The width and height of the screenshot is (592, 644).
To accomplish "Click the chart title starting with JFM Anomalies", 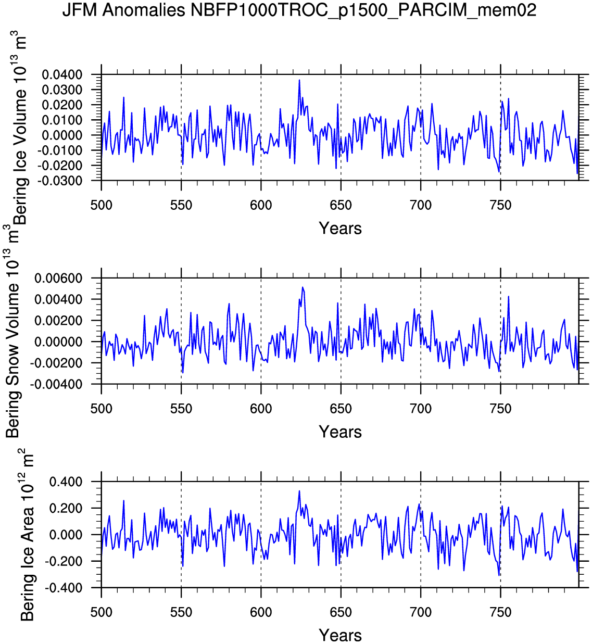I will pos(299,10).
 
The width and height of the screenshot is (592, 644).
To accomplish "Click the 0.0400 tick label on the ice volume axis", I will pos(62,75).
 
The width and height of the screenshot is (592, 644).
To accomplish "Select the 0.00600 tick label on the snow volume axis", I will pos(58,279).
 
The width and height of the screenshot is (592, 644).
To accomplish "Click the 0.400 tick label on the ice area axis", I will pos(66,482).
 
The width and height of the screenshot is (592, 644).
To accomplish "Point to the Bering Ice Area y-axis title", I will pos(27,535).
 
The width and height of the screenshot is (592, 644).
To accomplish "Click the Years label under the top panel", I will pos(340,228).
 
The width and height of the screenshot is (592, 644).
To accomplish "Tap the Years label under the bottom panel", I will pos(340,635).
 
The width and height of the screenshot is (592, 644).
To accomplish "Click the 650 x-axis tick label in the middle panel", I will pos(341,409).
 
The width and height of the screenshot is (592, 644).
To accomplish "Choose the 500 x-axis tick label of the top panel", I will pos(101,205).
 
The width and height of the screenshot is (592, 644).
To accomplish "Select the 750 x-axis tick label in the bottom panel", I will pos(500,612).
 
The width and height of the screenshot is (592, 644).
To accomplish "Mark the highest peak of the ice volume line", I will pos(299,80).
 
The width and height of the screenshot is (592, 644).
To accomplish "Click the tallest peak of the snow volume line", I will pos(303,287).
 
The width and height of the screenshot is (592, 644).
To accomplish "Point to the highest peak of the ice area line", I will pos(299,490).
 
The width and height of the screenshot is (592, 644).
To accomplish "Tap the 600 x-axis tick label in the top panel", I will pos(261,205).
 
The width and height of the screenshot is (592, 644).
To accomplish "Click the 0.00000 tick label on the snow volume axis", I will pos(58,342).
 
